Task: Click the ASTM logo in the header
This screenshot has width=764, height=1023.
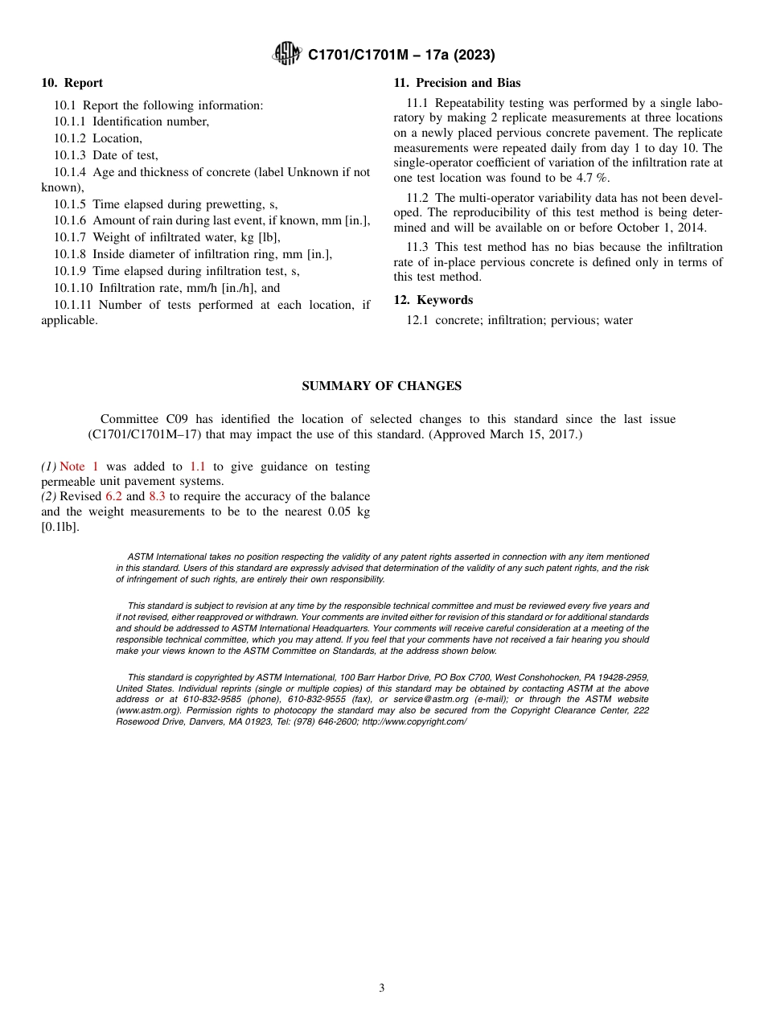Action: [x=286, y=54]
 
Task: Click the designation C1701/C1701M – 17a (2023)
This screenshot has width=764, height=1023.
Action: [x=400, y=55]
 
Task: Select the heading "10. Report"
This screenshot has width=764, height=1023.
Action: [x=72, y=83]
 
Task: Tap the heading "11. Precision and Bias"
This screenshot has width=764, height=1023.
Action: [x=457, y=83]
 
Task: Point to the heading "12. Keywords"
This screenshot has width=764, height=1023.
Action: [x=433, y=300]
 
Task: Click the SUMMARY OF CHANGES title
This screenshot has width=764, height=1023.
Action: [x=381, y=386]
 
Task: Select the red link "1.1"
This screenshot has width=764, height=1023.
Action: [x=198, y=466]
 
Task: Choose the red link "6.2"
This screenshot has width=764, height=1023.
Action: [x=113, y=496]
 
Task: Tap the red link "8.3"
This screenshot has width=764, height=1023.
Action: [x=157, y=496]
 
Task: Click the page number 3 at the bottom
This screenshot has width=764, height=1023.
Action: [x=382, y=988]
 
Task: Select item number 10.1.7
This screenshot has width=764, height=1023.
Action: [x=71, y=238]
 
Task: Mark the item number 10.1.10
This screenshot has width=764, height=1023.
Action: [x=74, y=288]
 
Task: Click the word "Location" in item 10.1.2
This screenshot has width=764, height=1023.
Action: [x=117, y=138]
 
